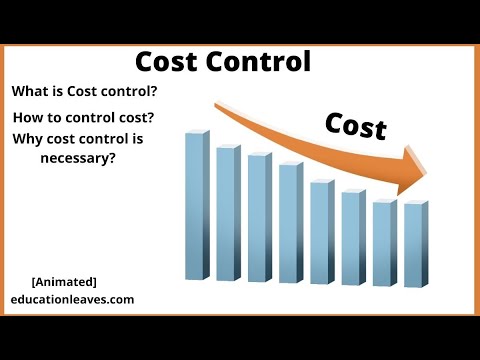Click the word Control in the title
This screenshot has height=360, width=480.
pyautogui.click(x=259, y=62)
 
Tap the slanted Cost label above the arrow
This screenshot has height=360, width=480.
pyautogui.click(x=356, y=126)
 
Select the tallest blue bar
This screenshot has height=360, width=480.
pyautogui.click(x=197, y=205)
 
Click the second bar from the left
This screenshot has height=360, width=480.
pyautogui.click(x=229, y=213)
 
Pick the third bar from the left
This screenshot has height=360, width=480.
pyautogui.click(x=260, y=217)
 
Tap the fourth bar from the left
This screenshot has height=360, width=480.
pyautogui.click(x=291, y=222)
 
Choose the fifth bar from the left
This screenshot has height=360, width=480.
pyautogui.click(x=322, y=232)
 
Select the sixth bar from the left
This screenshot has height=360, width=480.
pyautogui.click(x=354, y=237)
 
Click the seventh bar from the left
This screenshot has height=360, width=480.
pyautogui.click(x=385, y=242)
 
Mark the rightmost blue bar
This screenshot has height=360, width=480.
pyautogui.click(x=416, y=244)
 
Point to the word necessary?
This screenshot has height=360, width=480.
pyautogui.click(x=78, y=158)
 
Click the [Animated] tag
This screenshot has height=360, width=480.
pyautogui.click(x=64, y=282)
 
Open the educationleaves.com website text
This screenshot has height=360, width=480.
pyautogui.click(x=72, y=299)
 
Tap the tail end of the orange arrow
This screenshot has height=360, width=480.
pyautogui.click(x=216, y=105)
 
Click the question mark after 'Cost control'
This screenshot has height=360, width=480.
pyautogui.click(x=153, y=91)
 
